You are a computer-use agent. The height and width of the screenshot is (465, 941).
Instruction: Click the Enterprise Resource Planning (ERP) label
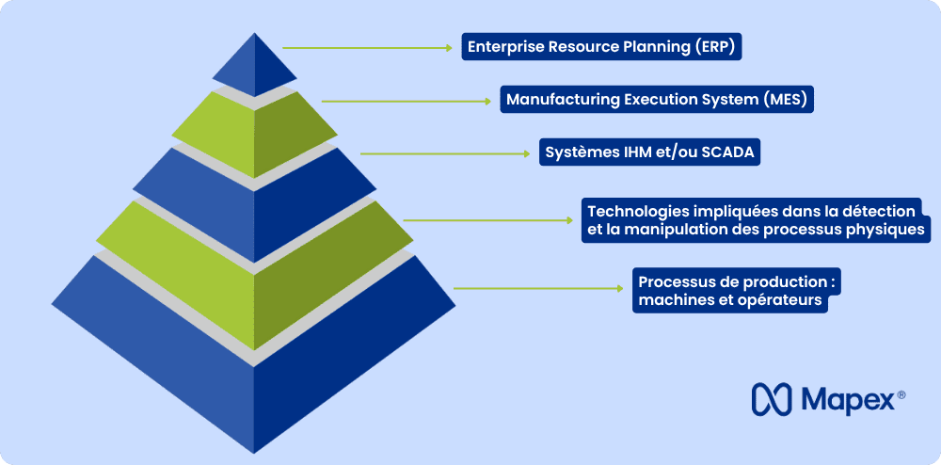pos(601,47)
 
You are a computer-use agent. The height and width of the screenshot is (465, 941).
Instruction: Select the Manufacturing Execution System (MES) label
pos(657,99)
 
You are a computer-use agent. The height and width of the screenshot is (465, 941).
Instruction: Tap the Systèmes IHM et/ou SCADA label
pos(649,152)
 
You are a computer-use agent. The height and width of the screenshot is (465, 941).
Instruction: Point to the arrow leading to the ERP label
pos(367,47)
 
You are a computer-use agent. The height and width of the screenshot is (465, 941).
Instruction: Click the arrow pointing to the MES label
pos(407,102)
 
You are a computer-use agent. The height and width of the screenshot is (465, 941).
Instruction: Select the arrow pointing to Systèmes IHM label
pos(445,153)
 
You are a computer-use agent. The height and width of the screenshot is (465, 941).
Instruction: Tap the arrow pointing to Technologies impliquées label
pos(487,220)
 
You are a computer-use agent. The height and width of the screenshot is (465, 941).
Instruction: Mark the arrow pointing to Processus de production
pos(538,289)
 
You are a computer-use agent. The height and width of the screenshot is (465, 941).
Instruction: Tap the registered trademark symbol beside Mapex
pos(901,394)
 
